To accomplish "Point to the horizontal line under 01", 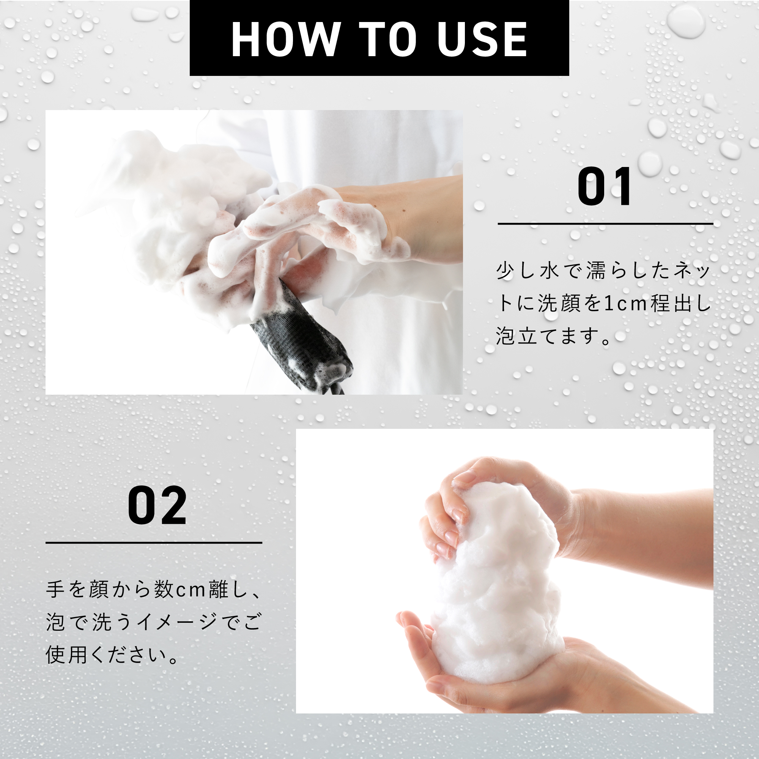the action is [605, 224].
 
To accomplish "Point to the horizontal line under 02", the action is [154, 543].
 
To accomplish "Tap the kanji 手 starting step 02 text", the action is [55, 590].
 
